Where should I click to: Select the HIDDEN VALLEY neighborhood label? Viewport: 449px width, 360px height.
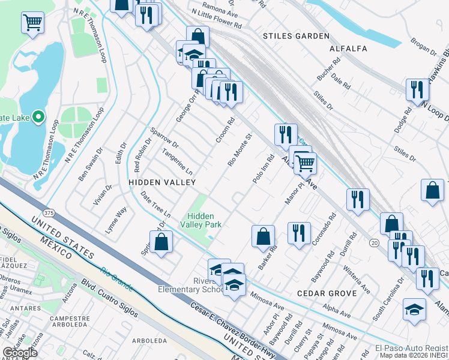[x=154, y=181]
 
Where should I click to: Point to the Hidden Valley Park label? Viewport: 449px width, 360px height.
[x=204, y=220]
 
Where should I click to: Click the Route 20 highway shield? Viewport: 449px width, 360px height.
[x=375, y=242]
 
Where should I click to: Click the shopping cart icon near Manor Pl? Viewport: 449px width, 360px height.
[x=305, y=162]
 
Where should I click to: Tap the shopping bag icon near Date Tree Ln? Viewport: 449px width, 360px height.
[x=161, y=242]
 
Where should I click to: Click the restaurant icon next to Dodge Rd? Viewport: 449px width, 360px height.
[x=417, y=89]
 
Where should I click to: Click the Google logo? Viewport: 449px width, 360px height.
[x=20, y=353]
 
